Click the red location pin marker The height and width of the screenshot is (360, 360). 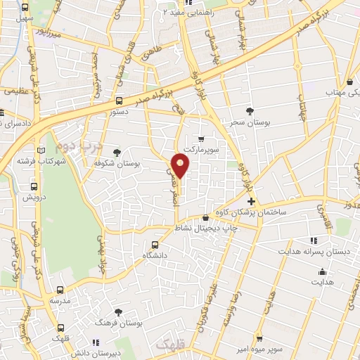click(x=181, y=166)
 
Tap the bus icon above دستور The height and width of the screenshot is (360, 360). click(x=119, y=101)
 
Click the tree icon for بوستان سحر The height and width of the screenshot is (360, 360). click(x=250, y=110)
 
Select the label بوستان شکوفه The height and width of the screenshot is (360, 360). click(x=137, y=163)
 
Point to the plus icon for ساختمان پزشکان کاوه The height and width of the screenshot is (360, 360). click(x=251, y=201)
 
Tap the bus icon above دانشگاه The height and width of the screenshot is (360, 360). click(x=155, y=245)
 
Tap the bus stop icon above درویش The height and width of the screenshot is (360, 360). click(x=32, y=188)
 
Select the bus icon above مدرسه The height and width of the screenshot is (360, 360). click(x=59, y=289)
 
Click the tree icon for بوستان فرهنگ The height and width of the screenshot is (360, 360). click(x=117, y=311)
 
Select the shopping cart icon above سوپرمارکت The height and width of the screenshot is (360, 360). click(x=202, y=139)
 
